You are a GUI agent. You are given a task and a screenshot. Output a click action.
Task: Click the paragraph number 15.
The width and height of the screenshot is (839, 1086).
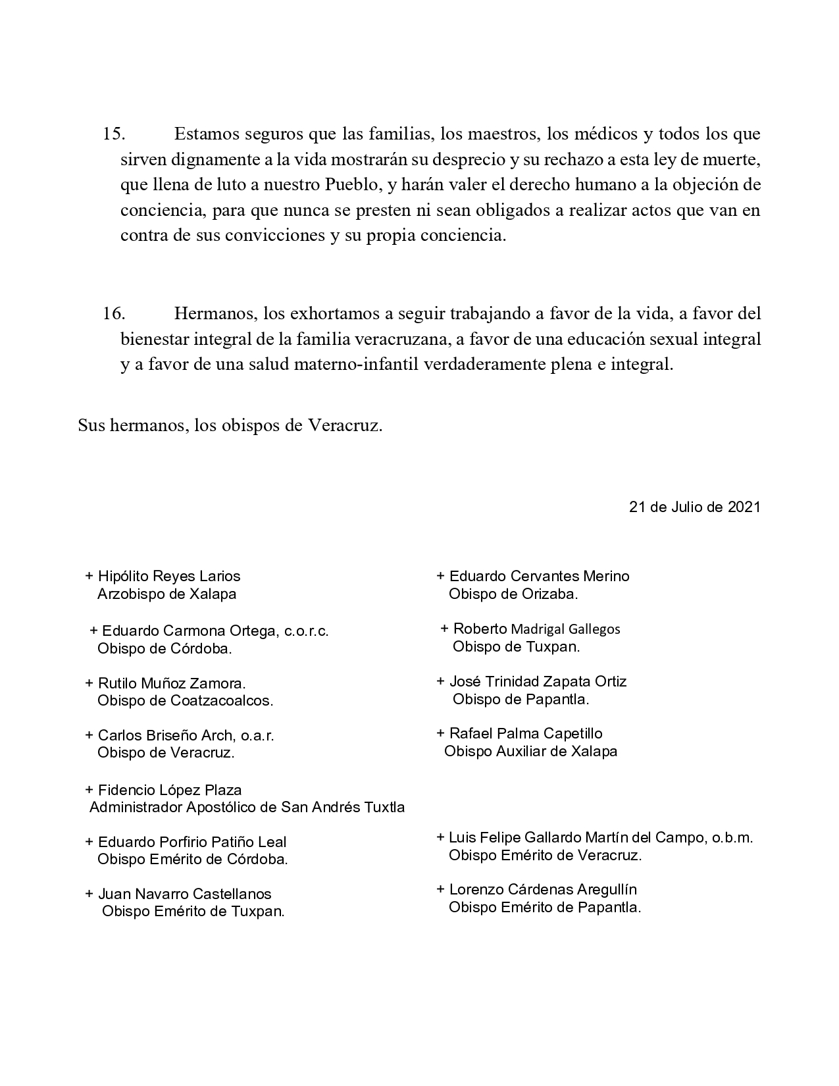point(113,134)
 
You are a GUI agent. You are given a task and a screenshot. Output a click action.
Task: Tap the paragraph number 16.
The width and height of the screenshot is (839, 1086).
point(113,314)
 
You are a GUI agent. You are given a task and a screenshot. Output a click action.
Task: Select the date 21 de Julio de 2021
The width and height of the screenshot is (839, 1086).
point(694,507)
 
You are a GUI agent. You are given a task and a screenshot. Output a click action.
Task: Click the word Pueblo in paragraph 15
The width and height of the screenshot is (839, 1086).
point(353,185)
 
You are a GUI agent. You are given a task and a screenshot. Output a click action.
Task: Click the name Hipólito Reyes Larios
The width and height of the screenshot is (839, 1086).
point(168,577)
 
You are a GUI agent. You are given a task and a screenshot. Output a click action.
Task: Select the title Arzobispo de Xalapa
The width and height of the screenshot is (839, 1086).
point(166,594)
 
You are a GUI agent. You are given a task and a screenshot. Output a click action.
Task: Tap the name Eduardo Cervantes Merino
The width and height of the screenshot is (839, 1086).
point(539,577)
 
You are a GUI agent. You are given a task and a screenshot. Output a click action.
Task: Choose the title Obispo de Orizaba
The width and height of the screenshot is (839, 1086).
point(513,594)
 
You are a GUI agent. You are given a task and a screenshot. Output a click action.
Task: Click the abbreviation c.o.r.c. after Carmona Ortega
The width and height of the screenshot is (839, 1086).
point(307,631)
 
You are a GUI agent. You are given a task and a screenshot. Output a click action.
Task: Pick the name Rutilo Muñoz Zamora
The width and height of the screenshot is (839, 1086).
point(171,684)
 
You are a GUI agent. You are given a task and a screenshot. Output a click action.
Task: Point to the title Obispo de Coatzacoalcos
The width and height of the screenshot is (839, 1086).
point(185,701)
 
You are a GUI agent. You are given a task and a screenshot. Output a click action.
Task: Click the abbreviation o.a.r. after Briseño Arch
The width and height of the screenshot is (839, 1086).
point(255,736)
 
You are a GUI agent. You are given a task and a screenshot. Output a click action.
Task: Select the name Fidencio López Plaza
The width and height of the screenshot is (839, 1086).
point(169,790)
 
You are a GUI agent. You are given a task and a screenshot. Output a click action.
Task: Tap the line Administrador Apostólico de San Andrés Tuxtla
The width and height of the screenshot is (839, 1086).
point(247,807)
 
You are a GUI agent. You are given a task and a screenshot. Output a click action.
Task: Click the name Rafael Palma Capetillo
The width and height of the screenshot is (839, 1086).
point(525,734)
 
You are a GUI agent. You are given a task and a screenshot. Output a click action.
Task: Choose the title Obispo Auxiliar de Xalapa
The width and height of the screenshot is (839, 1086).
point(530,752)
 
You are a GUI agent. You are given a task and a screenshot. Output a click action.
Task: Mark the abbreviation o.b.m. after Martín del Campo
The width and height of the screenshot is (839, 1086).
point(732,838)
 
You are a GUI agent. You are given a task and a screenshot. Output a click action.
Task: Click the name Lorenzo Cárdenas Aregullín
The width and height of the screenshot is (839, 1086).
point(542,890)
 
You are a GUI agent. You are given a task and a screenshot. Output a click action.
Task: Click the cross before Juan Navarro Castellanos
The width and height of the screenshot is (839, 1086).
point(89,894)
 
